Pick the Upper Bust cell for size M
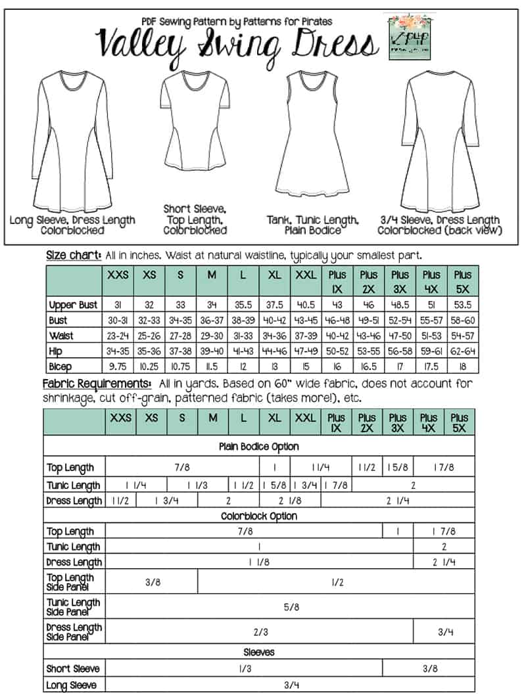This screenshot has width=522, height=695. click(212, 305)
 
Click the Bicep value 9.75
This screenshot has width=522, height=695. click(119, 365)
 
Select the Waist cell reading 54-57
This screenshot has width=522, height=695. click(460, 335)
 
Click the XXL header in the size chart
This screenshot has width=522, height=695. click(305, 275)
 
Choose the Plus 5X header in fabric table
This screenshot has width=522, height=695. click(460, 422)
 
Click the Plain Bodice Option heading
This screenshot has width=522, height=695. click(258, 447)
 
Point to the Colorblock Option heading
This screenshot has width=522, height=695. click(258, 516)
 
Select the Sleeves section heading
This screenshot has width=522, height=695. click(258, 652)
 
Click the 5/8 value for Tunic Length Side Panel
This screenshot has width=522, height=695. click(291, 607)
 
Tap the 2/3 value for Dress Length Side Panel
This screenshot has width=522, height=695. click(260, 632)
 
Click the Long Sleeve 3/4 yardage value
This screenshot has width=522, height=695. click(289, 684)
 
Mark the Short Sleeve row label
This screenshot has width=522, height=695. click(74, 669)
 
